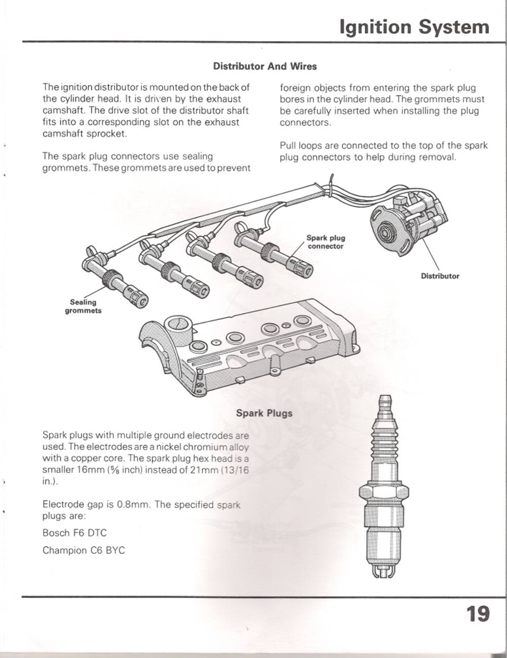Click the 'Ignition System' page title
tap(414, 27)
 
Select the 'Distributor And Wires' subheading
tap(265, 66)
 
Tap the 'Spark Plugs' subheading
tap(264, 413)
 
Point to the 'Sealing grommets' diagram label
tap(83, 306)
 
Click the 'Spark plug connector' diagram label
tap(325, 242)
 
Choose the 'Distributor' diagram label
tap(440, 276)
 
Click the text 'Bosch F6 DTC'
tap(75, 533)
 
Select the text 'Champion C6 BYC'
tap(84, 550)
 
